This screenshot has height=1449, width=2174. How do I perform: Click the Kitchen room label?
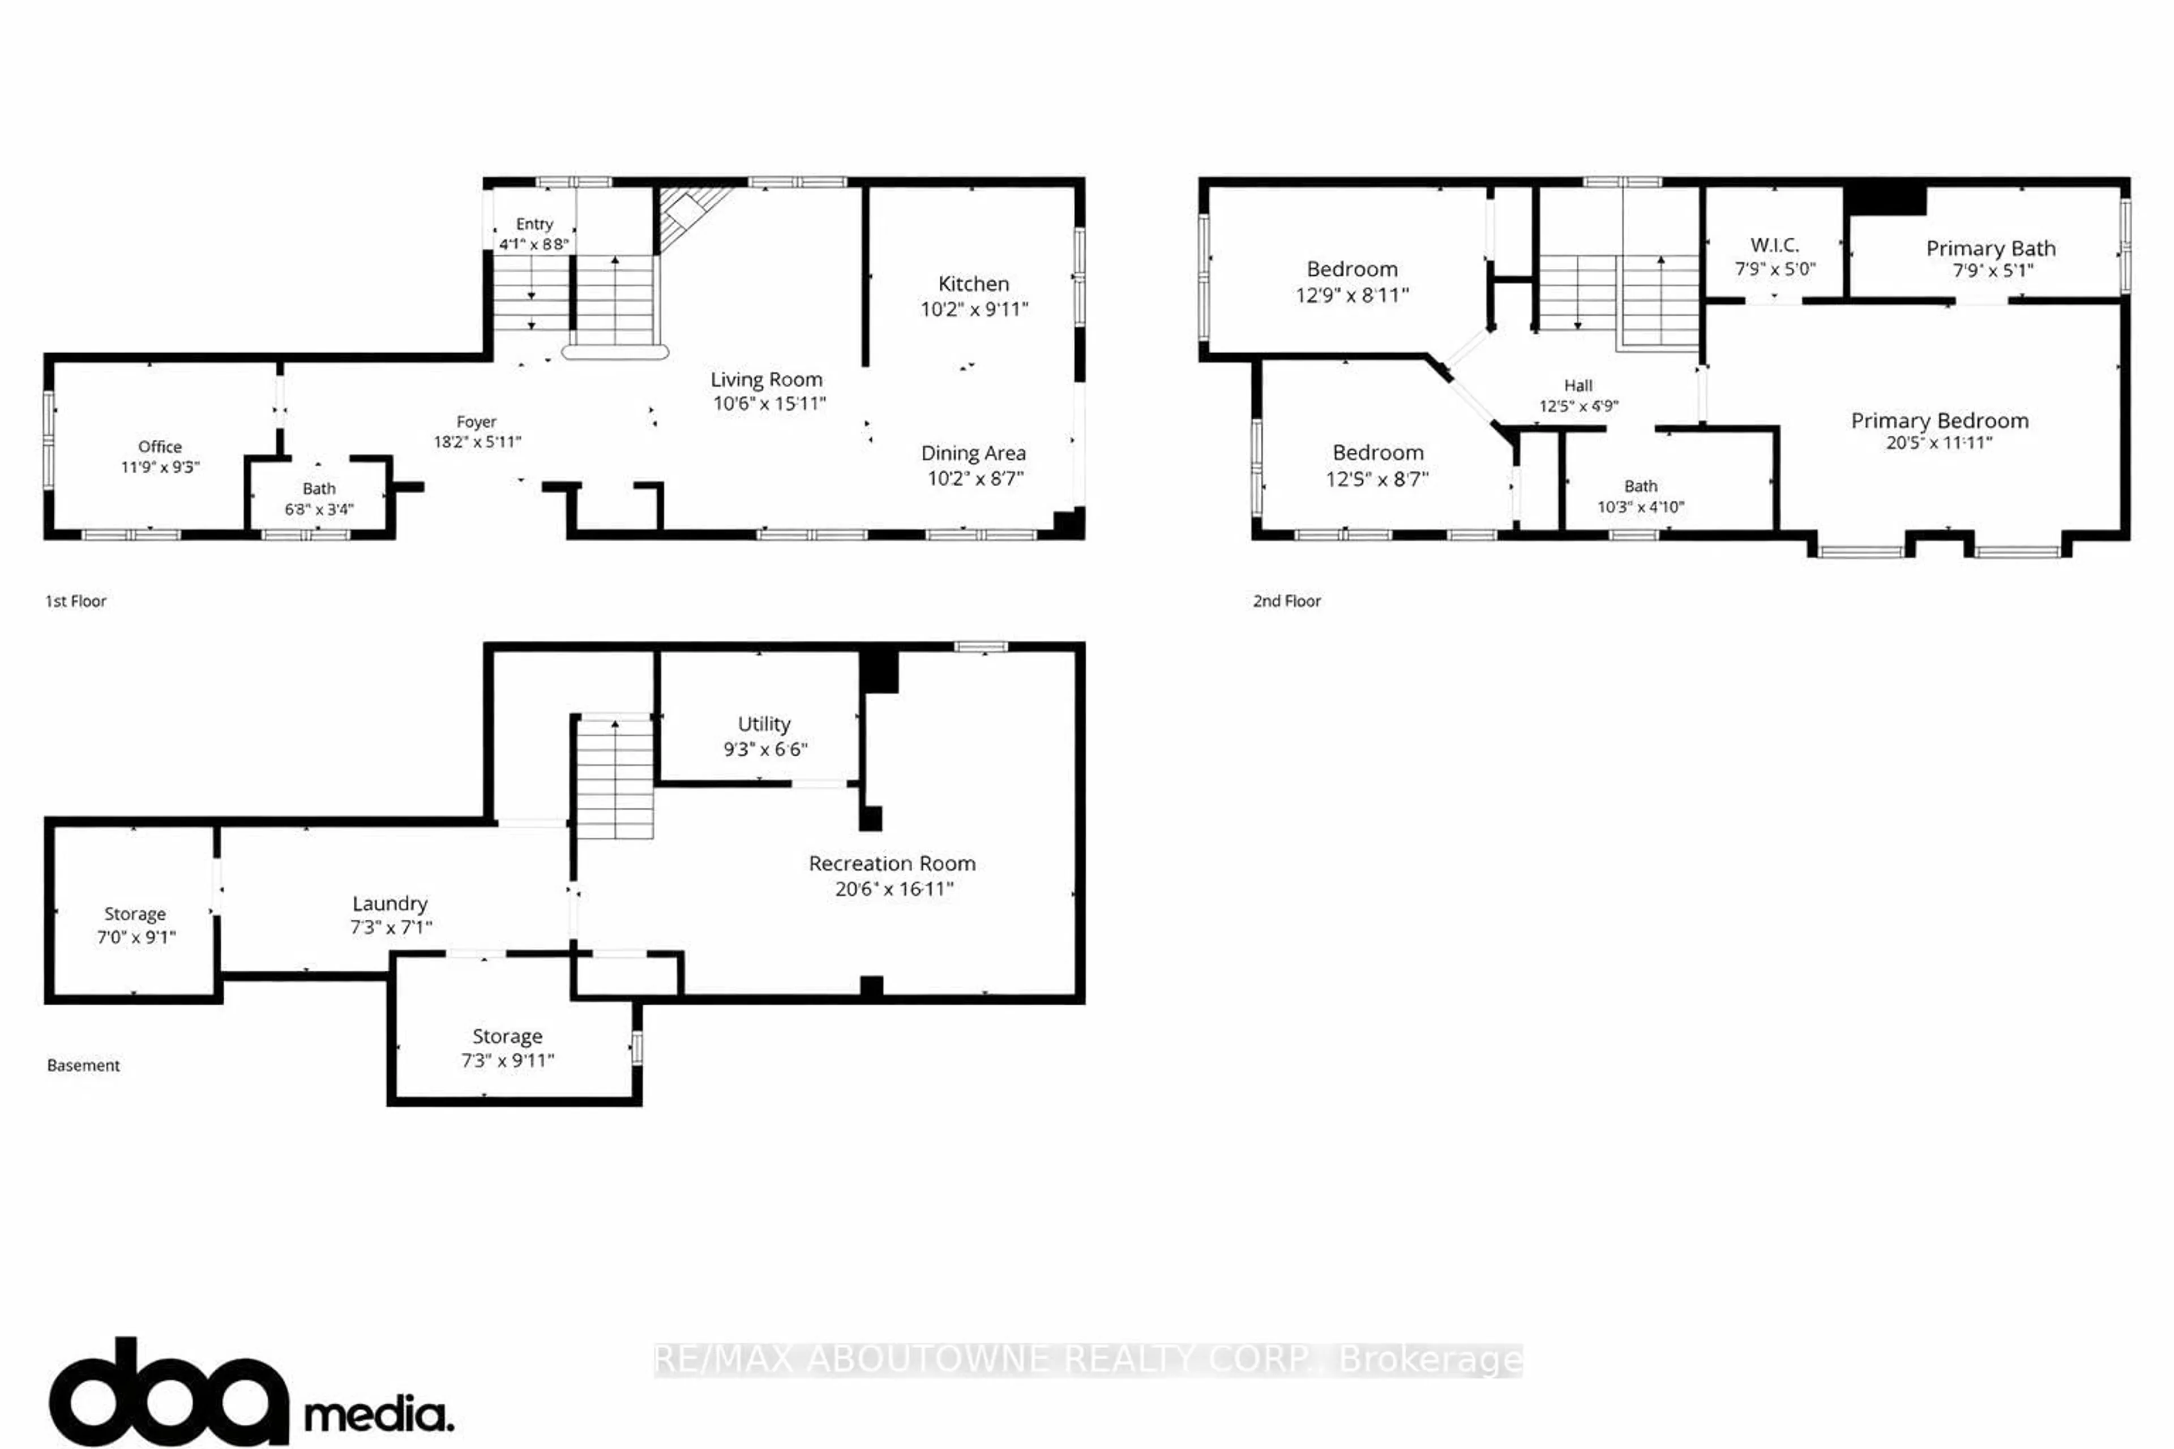973,284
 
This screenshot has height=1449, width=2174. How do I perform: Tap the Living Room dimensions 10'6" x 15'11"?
769,404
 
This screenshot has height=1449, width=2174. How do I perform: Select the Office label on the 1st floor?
160,447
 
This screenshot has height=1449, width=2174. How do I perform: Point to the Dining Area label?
973,453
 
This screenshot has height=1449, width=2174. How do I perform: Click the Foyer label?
476,421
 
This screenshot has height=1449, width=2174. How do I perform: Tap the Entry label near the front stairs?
534,224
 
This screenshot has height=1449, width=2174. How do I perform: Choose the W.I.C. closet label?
1774,245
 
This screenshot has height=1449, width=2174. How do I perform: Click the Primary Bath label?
1990,248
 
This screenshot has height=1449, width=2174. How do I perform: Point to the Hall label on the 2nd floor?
1578,385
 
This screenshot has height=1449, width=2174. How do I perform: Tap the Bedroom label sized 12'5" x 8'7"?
1377,453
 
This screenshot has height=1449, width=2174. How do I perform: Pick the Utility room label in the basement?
764,723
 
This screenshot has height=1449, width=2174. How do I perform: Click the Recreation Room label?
892,863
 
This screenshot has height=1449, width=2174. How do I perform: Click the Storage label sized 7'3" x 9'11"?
507,1036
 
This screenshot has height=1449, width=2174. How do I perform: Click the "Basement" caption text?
83,1065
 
